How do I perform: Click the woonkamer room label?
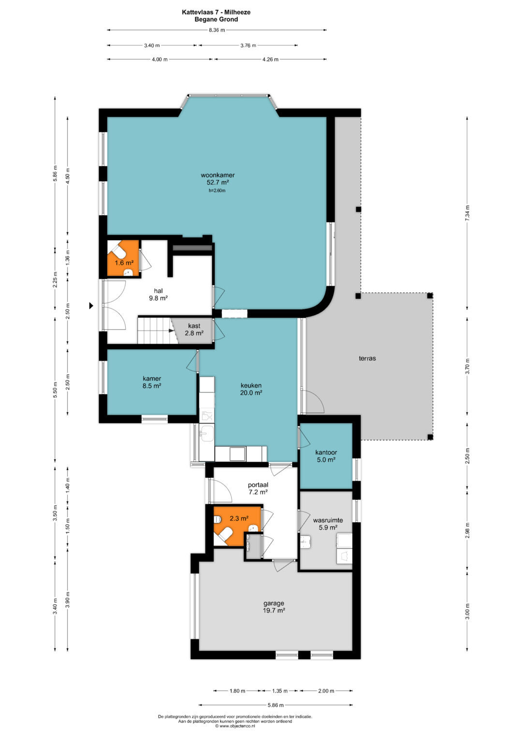coord(217,175)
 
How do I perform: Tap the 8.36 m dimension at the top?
coord(217,30)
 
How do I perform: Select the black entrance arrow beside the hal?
coord(91,306)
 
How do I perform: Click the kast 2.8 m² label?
coord(194,330)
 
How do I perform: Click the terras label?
coord(367,358)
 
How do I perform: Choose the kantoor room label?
coord(326,452)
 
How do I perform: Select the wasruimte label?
coord(328,520)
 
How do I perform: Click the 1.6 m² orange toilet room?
coord(124,259)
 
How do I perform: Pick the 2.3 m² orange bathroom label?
coord(239,518)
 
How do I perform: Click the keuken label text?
coord(251,385)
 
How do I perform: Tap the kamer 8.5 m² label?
coord(152,382)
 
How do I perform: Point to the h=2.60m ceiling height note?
coord(217,190)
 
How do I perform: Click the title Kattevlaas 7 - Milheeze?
coord(216,12)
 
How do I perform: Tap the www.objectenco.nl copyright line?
coord(235,725)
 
